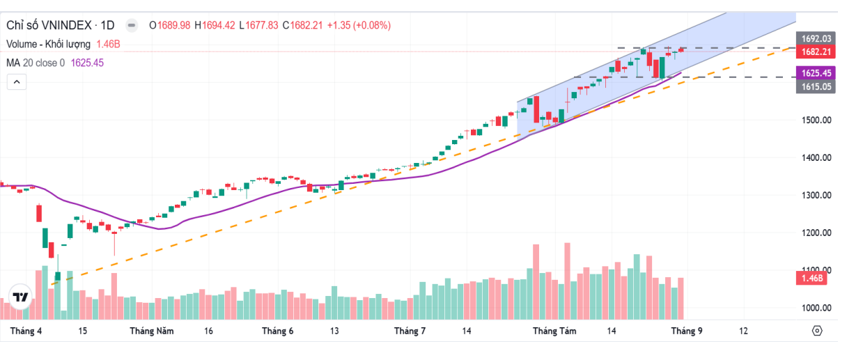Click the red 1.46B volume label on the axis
[811, 279]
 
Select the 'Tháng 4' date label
[26, 331]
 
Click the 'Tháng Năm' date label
[151, 331]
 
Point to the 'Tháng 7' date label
[410, 331]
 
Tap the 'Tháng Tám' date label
[554, 331]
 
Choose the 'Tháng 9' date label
[686, 331]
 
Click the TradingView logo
[21, 297]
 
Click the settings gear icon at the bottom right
[817, 331]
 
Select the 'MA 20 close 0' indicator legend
[36, 63]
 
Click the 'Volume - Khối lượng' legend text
[48, 44]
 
